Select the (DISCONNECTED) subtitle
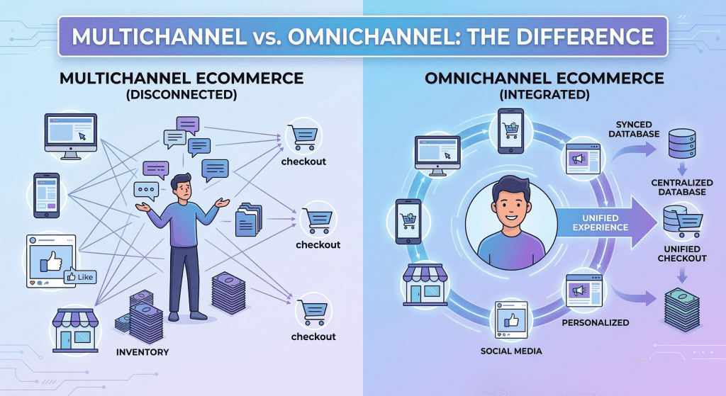[x=181, y=95]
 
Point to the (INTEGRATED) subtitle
[x=544, y=95]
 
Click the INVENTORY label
[x=143, y=352]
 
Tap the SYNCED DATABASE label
[x=634, y=129]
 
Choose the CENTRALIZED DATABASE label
[x=682, y=187]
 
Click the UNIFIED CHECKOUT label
[x=682, y=254]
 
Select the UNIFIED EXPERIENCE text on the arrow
[x=601, y=222]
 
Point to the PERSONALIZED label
[x=596, y=322]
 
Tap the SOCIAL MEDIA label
[x=511, y=351]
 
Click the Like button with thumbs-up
[x=80, y=277]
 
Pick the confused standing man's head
[x=182, y=186]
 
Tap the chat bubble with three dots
[x=146, y=191]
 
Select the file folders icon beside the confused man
[x=249, y=220]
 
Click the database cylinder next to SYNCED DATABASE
[x=682, y=143]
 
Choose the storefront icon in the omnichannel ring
[x=425, y=285]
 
